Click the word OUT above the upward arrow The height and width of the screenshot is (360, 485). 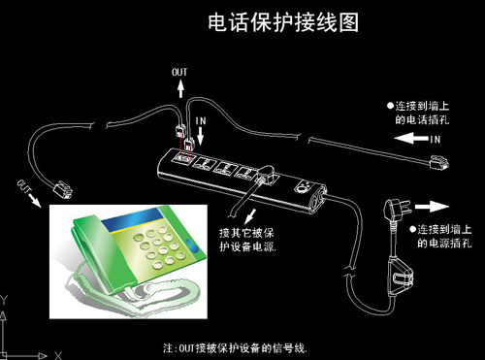coord(180,73)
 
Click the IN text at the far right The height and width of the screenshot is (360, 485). coord(435,140)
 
